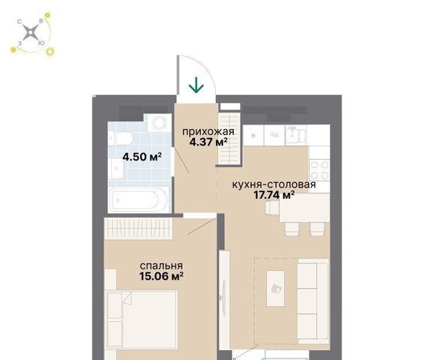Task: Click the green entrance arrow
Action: [196, 85]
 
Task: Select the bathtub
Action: [139, 200]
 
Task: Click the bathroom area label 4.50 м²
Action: [142, 157]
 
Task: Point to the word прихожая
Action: [208, 132]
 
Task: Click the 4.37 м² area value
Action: [208, 142]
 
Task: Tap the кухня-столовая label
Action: [274, 184]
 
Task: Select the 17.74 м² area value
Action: [274, 195]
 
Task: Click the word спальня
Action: [161, 265]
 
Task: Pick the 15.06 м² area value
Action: [161, 276]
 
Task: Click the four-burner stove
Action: [319, 169]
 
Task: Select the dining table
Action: [304, 208]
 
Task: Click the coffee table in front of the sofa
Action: [275, 288]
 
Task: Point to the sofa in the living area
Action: [313, 301]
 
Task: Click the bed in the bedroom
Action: [142, 319]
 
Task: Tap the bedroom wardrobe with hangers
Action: [139, 229]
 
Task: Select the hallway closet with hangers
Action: [229, 139]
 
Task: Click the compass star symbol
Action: [30, 33]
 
